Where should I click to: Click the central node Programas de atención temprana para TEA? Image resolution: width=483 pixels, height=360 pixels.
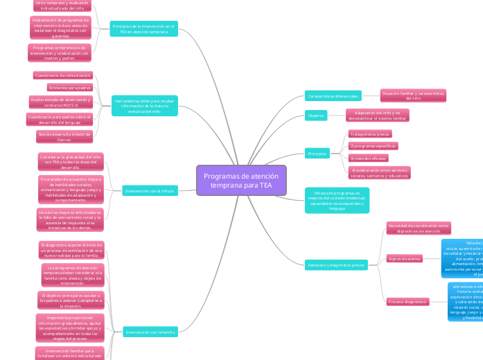coord(241,181)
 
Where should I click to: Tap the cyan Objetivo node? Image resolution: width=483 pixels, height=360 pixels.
coord(316,116)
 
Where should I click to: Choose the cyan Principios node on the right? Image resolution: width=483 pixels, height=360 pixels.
coord(317,153)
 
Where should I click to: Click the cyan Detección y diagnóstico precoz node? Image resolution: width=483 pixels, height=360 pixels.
coord(335,265)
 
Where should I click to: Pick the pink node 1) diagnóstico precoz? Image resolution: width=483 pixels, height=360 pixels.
coord(371,134)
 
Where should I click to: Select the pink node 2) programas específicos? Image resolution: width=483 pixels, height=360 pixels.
coord(373,146)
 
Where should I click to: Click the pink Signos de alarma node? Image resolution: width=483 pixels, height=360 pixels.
coord(405,259)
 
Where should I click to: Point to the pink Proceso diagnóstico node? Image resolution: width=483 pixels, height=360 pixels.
coord(408,302)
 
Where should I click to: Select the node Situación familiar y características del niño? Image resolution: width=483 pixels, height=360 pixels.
coord(413,96)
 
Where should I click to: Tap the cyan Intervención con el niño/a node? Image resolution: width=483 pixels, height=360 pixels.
coord(150,190)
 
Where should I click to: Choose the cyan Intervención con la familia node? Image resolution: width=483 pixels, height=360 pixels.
coord(150,332)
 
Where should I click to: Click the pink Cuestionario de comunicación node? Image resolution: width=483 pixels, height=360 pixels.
coord(62,75)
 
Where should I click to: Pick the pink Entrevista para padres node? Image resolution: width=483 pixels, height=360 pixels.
coord(70,88)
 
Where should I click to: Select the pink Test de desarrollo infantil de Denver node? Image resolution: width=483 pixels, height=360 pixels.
coord(64,136)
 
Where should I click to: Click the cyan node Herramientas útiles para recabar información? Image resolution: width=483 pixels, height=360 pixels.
coord(145,106)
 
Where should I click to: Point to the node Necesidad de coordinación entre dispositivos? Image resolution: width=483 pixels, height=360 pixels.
coord(419,228)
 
